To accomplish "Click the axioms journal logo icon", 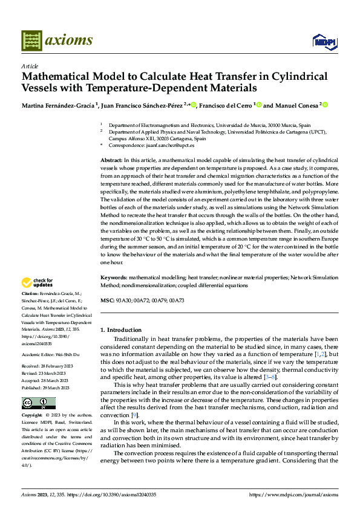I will pyautogui.click(x=31, y=41).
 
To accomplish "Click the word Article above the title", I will pyautogui.click(x=30, y=66).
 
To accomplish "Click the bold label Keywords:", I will pyautogui.click(x=114, y=277).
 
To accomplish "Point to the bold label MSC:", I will pyautogui.click(x=106, y=300).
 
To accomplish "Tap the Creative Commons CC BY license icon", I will pyautogui.click(x=38, y=403).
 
